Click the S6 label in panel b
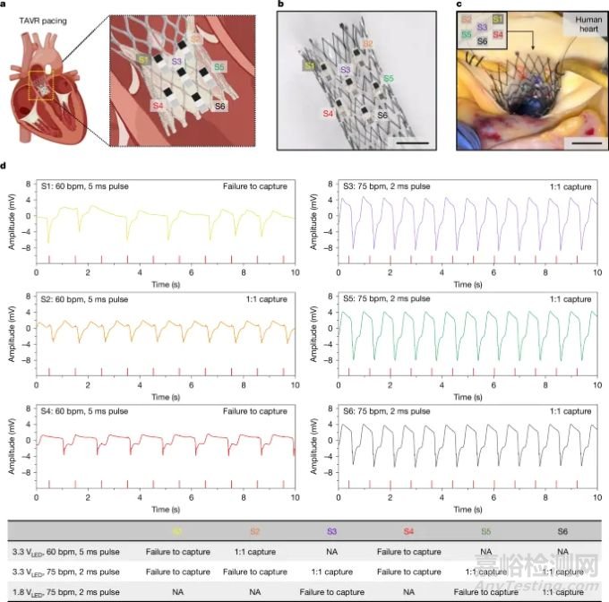point(382,116)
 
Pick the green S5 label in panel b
point(388,80)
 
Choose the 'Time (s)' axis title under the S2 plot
point(166,395)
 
